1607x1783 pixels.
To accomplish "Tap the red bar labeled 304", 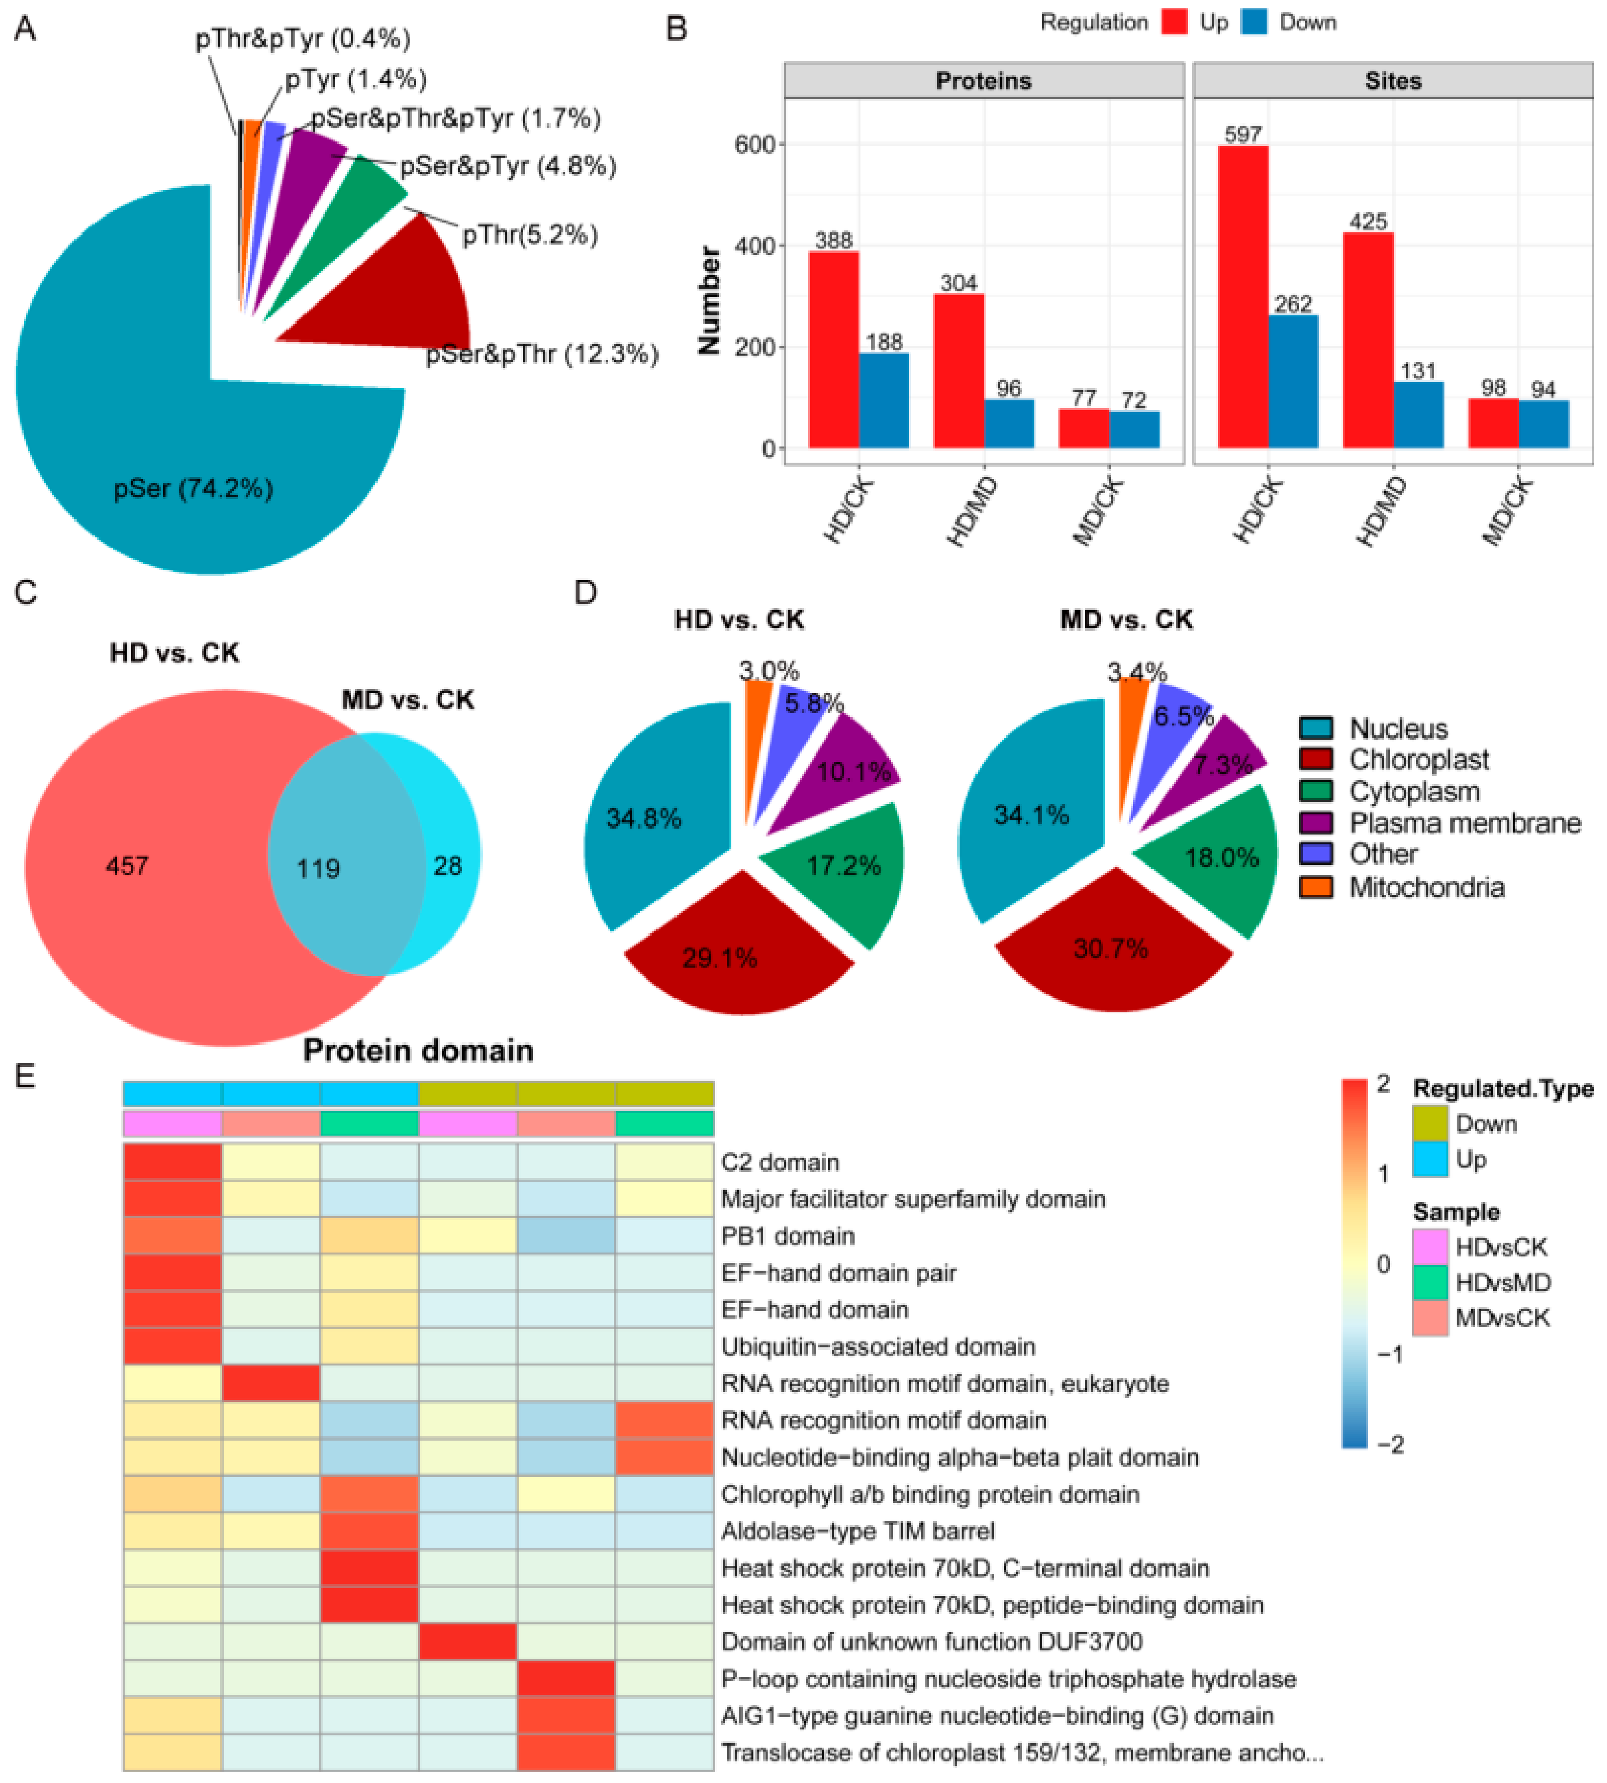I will click(958, 371).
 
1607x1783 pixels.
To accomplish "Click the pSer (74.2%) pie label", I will click(194, 488).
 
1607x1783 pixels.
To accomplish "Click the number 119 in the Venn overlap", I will click(318, 868).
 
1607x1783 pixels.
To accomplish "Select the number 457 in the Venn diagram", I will click(127, 865).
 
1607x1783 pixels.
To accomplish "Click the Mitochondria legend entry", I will click(1425, 887).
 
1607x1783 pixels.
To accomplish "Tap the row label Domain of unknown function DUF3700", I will click(932, 1642).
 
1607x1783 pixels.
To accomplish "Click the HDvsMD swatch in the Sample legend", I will click(1430, 1282).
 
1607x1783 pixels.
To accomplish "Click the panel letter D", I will click(585, 592).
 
